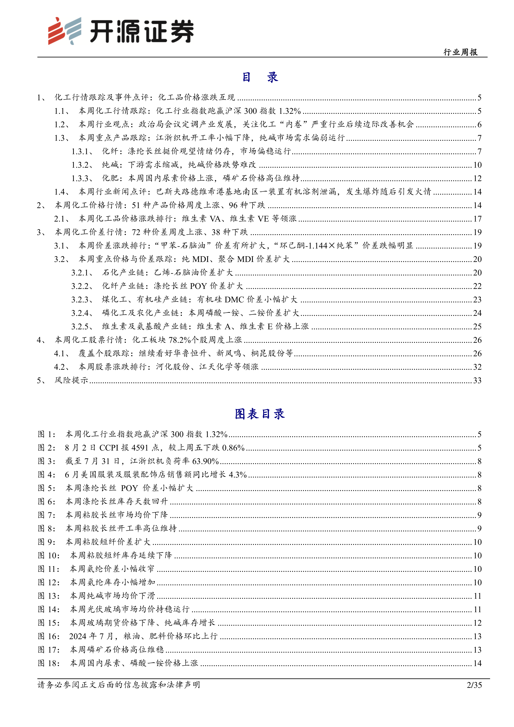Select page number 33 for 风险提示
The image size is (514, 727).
click(x=477, y=380)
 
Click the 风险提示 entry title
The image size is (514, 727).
click(x=71, y=380)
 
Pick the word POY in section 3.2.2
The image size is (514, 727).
click(x=198, y=286)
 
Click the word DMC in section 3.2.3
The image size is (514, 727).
click(x=234, y=299)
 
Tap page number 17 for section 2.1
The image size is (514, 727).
click(x=477, y=219)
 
